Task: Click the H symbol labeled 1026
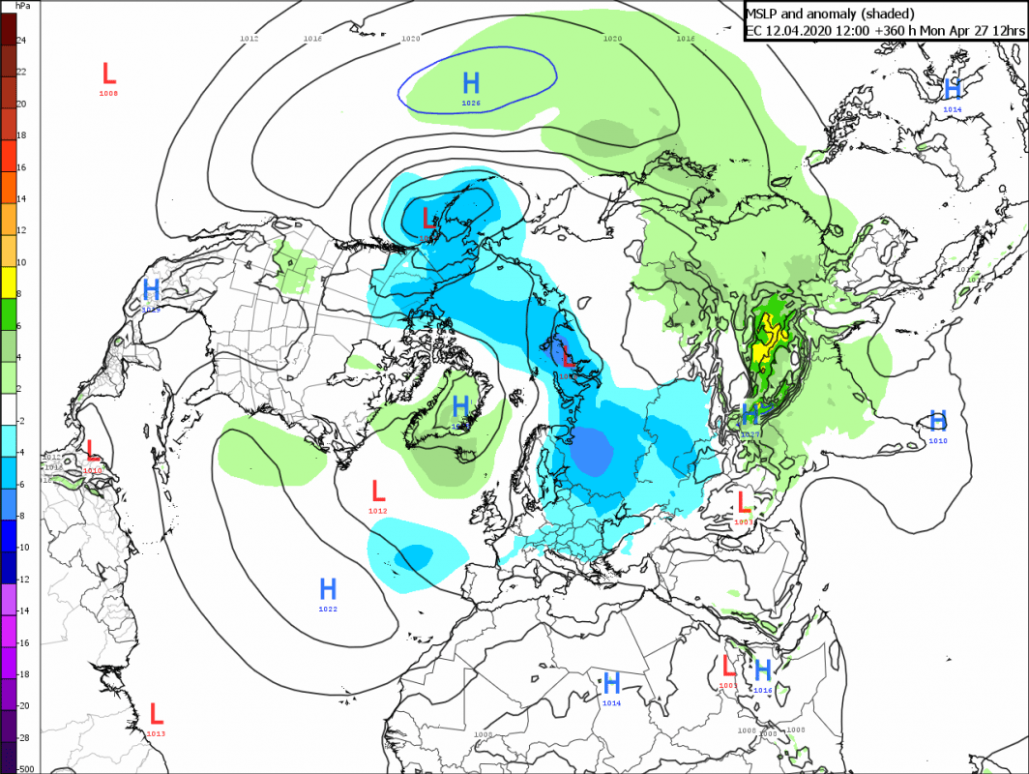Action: [x=471, y=83]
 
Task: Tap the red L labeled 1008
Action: [x=108, y=73]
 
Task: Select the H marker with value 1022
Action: [x=328, y=588]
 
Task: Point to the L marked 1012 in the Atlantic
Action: [x=378, y=491]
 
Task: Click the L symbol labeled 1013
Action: [x=156, y=715]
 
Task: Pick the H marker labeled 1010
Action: [x=937, y=421]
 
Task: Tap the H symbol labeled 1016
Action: [x=762, y=670]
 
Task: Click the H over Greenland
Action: [x=461, y=406]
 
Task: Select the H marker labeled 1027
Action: [x=749, y=416]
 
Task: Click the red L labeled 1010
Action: [x=93, y=451]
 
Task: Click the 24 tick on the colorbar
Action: [x=21, y=40]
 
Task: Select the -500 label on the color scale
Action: [x=25, y=768]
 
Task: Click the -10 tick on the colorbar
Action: [x=21, y=547]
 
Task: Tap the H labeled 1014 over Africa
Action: [x=611, y=683]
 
